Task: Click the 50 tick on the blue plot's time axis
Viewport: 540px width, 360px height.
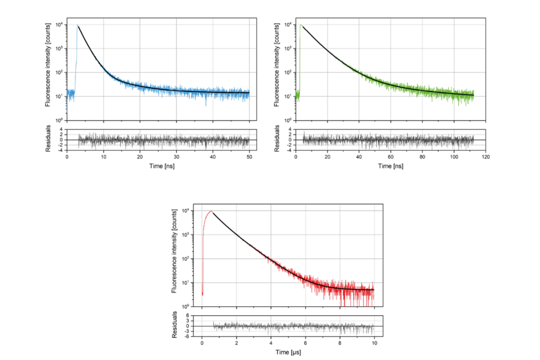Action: coord(249,157)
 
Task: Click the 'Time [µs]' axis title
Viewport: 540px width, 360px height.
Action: coord(288,352)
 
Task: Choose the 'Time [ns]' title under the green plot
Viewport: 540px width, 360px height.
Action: coord(391,166)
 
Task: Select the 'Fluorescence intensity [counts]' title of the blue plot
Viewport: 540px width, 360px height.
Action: coord(48,69)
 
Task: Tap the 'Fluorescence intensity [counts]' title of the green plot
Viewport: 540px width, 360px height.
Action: coord(277,69)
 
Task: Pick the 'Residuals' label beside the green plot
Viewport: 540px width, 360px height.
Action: coord(277,140)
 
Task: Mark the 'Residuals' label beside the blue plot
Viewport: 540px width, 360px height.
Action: coord(48,140)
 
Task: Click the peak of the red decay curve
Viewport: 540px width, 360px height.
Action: coord(211,211)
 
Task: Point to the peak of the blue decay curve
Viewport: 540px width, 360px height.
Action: coord(78,25)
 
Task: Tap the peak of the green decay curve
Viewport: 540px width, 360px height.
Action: coord(301,25)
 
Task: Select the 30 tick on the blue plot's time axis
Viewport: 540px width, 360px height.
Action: coord(176,157)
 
